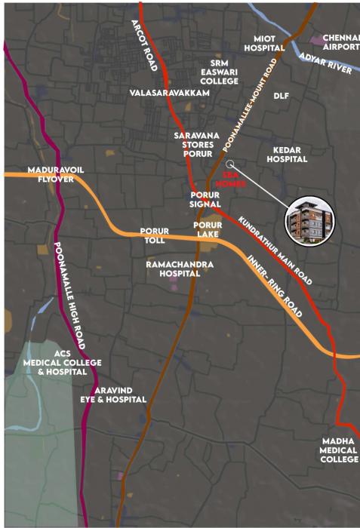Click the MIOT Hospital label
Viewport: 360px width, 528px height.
tap(264, 42)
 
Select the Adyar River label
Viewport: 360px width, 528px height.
tap(326, 65)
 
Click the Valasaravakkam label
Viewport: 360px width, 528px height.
tap(168, 93)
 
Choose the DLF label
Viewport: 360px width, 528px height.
tap(282, 97)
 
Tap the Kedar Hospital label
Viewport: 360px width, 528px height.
tap(288, 155)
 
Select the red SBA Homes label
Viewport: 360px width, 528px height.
tap(229, 178)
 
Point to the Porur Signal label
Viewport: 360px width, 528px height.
tap(205, 199)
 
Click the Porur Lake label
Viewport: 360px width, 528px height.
tap(207, 229)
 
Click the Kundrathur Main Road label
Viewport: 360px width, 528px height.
tap(275, 251)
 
